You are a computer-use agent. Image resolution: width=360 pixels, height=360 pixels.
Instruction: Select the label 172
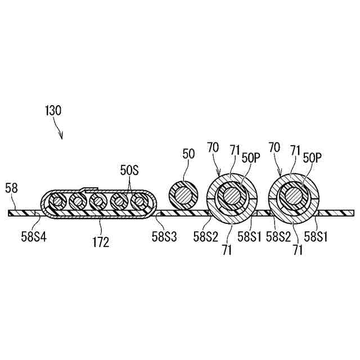102,243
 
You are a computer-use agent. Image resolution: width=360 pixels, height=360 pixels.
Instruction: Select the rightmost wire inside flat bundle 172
138,201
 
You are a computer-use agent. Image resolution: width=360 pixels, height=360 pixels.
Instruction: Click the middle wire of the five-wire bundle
97,201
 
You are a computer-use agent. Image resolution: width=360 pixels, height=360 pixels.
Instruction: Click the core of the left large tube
231,196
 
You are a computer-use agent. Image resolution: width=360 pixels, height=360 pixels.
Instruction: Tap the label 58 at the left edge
11,188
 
